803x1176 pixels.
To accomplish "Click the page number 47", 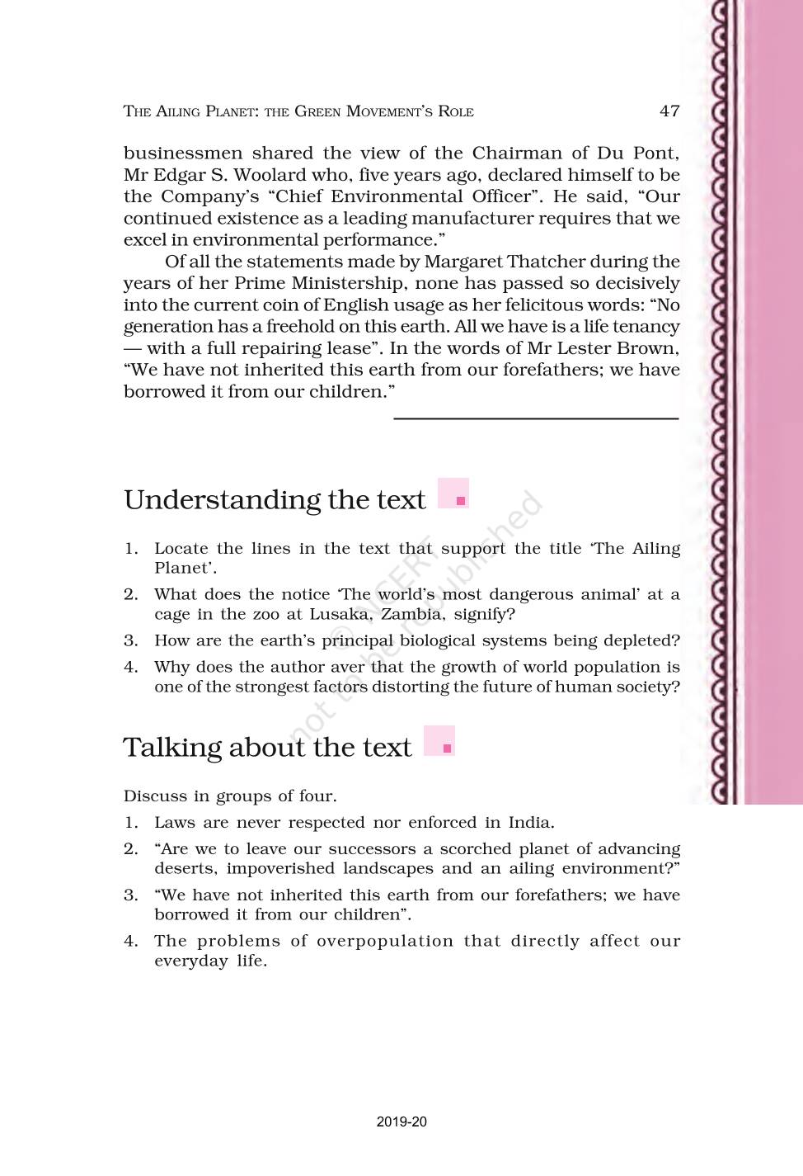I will point(669,111).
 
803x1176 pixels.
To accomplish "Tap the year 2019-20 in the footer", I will point(401,1122).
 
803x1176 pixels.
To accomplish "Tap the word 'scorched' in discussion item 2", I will point(476,849).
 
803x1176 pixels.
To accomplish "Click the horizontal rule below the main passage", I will point(536,419).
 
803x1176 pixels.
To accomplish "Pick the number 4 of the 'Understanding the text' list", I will point(130,668).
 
